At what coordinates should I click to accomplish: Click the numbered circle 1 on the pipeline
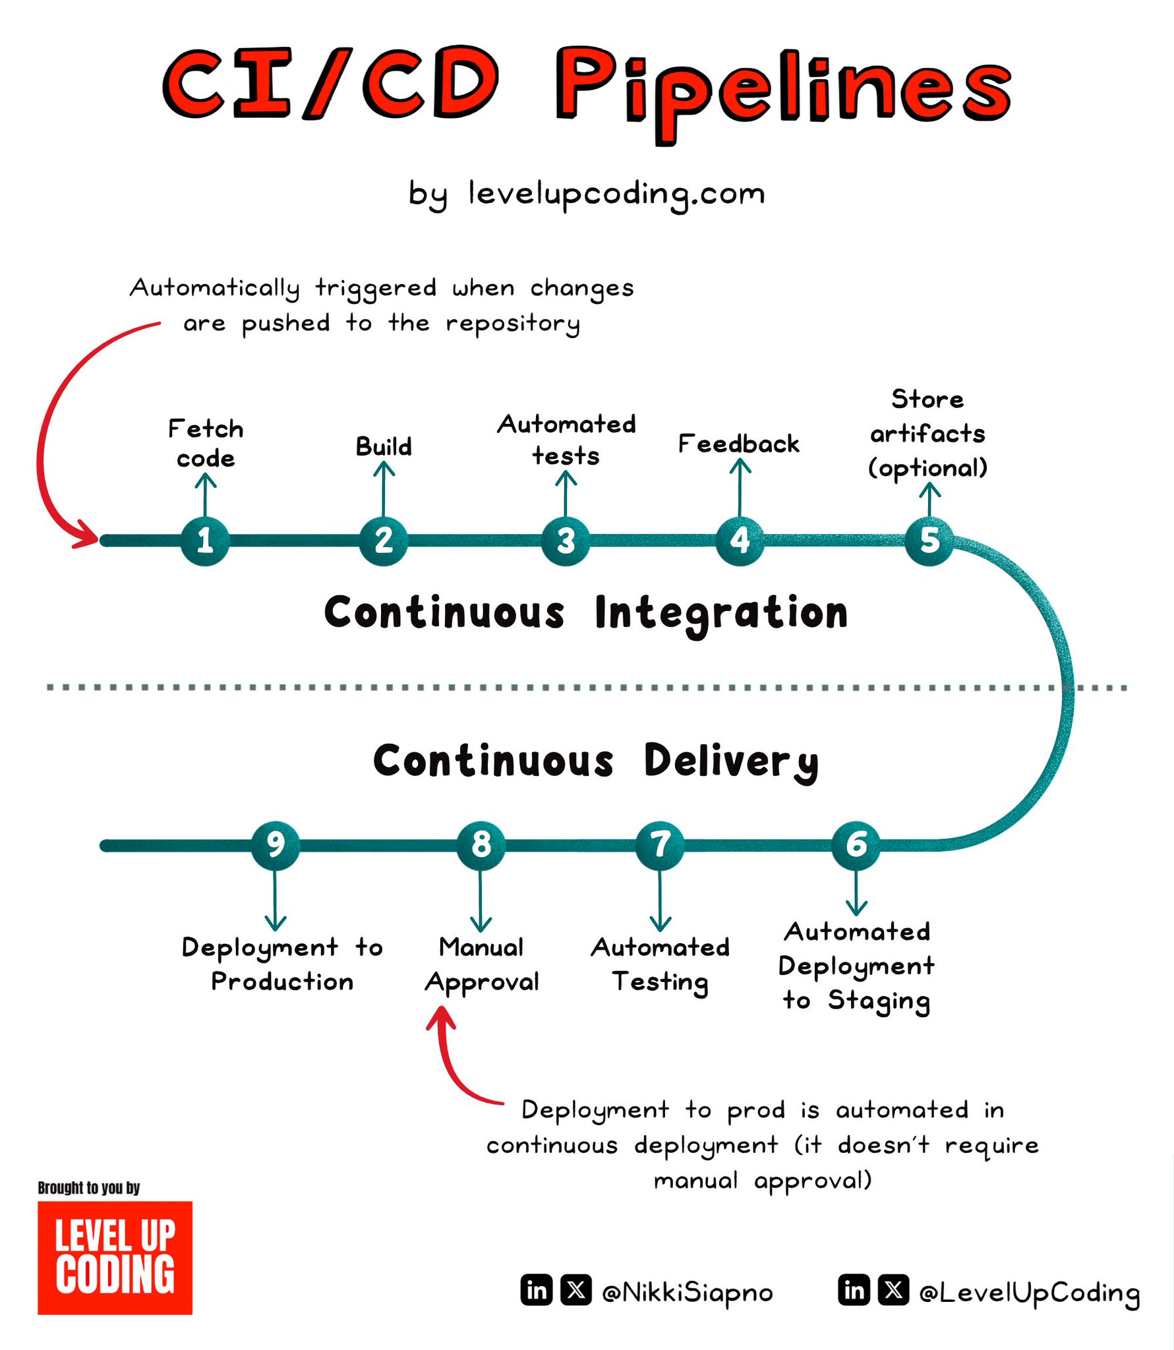205,541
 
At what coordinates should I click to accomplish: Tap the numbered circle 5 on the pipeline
929,541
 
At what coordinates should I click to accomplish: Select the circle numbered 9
276,845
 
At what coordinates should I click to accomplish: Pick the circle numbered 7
660,845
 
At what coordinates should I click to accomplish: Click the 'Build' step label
384,446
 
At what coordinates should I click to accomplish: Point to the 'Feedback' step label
738,444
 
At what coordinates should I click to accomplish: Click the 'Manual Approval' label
482,965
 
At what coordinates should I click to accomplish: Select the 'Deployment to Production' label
282,964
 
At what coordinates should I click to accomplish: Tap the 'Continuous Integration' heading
586,613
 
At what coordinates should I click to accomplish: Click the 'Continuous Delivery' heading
596,761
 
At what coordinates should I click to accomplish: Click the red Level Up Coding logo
115,1258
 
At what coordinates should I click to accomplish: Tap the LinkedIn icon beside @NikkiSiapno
537,1289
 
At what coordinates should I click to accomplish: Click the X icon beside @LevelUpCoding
894,1289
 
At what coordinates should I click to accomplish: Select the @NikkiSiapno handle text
688,1292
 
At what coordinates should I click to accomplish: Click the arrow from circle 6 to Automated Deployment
856,892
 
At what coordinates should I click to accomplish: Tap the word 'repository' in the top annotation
513,324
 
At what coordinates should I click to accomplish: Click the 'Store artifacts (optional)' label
928,434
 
